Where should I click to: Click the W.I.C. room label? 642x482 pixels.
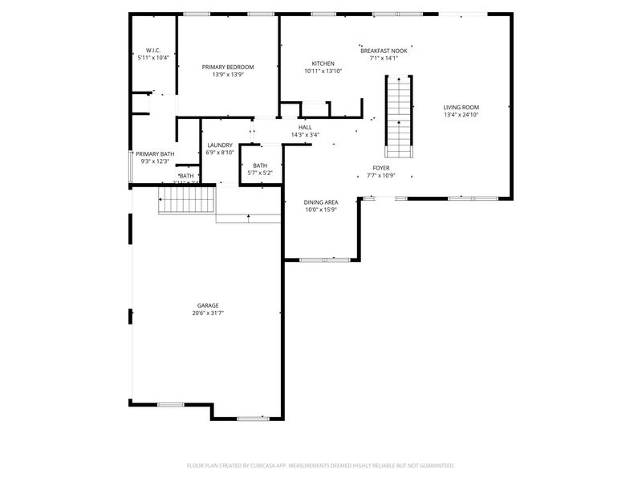click(152, 50)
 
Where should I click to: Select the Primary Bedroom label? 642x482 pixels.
click(228, 67)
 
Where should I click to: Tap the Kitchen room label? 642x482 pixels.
click(323, 63)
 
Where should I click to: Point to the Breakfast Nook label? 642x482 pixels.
click(384, 50)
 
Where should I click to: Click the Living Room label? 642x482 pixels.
click(461, 107)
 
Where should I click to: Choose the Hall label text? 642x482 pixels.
click(305, 127)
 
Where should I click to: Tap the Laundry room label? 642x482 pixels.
click(220, 145)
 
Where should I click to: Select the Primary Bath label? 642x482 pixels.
click(155, 153)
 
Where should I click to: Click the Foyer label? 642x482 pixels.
click(380, 167)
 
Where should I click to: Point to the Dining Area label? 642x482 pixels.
click(320, 202)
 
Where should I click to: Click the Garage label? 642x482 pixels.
click(208, 305)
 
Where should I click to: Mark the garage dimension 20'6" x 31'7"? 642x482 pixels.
click(208, 313)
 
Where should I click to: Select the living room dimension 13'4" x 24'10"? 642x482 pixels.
click(461, 115)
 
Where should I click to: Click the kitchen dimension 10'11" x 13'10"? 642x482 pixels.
click(323, 71)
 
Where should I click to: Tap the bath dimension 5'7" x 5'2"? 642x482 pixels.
click(260, 173)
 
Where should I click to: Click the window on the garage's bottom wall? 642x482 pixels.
click(253, 418)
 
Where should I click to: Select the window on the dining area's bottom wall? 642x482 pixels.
click(324, 259)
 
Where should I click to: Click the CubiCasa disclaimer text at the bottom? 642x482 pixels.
click(320, 465)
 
